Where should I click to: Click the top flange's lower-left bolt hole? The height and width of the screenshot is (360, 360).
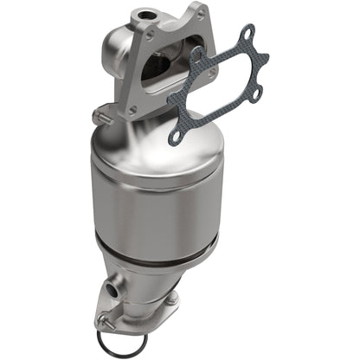click(x=132, y=110)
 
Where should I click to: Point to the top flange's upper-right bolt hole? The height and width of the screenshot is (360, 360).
click(x=201, y=16)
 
